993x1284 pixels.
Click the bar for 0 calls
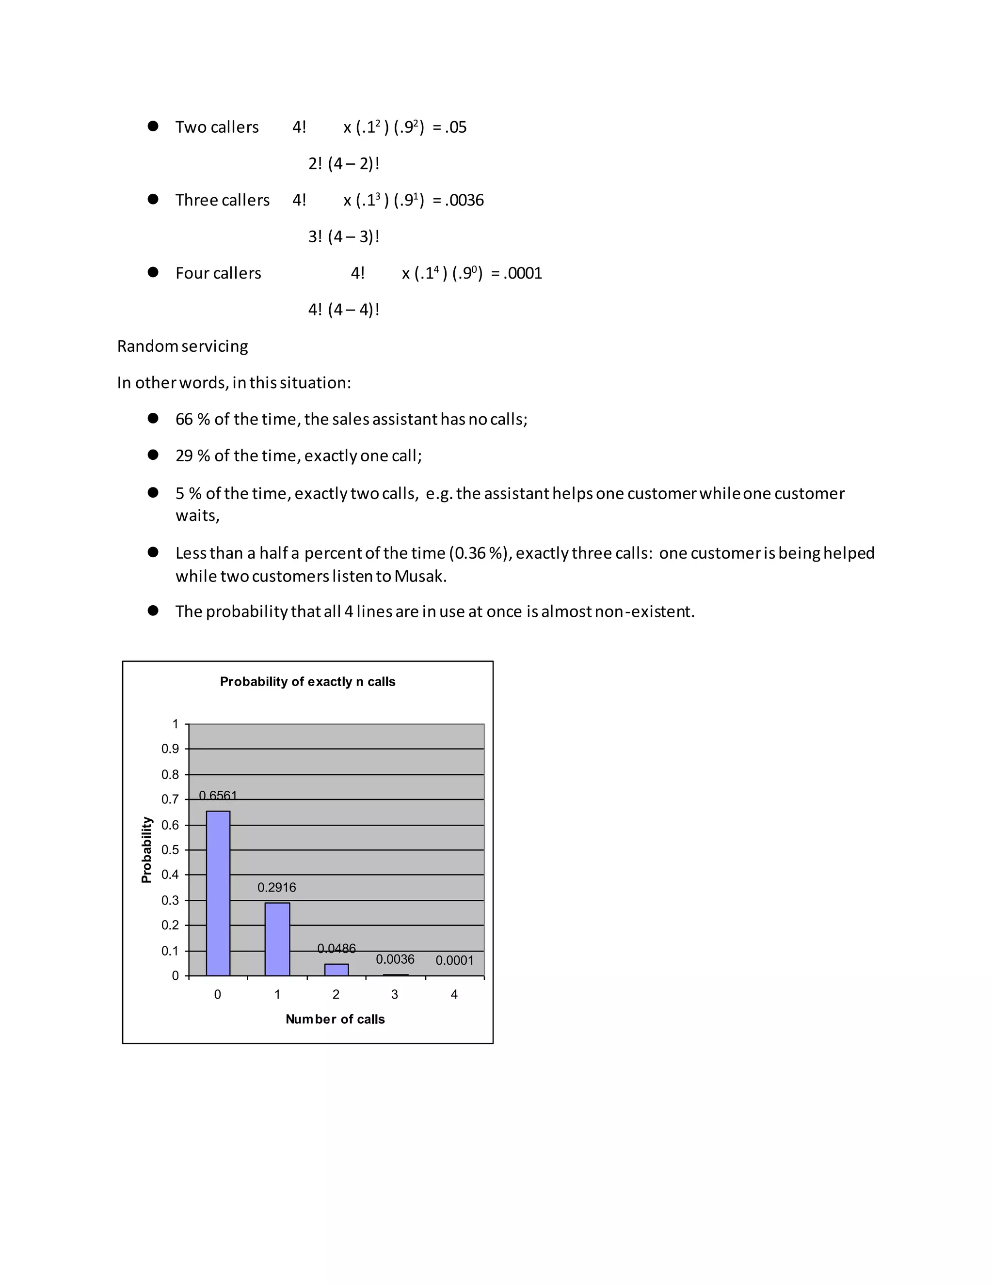coord(218,893)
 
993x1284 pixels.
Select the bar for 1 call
coord(277,939)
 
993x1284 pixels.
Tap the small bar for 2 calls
coord(336,970)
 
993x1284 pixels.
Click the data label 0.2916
coord(276,887)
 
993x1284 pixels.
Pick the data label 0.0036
coord(395,959)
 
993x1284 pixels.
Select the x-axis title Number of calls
coord(335,1019)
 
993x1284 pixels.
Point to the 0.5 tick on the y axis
coord(170,849)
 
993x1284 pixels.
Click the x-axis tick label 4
coord(453,994)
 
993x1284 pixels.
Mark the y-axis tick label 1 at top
coord(175,724)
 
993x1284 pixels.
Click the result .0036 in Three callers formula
coord(464,201)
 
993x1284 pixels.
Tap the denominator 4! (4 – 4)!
coord(344,310)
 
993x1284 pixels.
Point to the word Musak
coord(420,576)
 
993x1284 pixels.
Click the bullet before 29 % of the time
coord(153,454)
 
